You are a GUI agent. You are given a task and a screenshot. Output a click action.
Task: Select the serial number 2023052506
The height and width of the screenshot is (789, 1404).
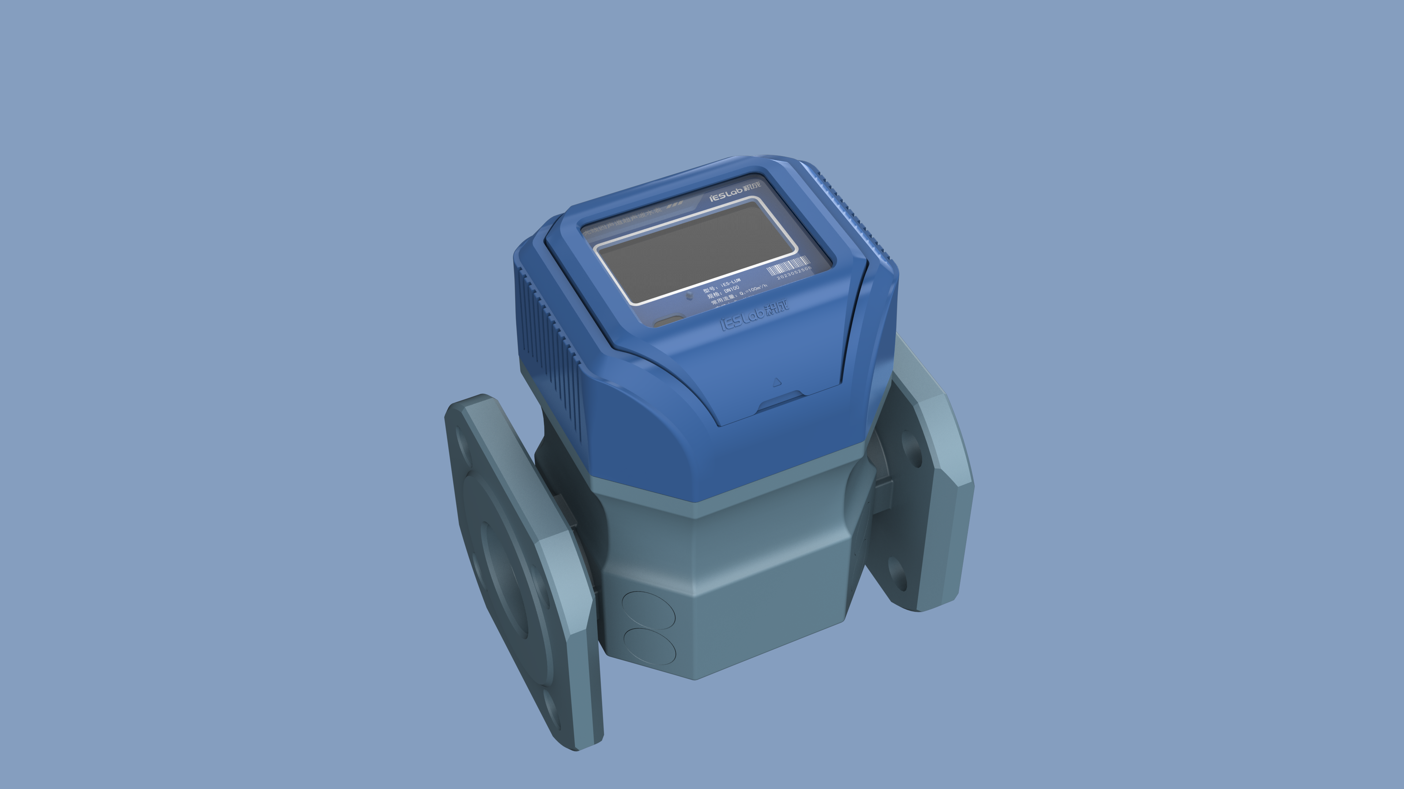click(x=794, y=273)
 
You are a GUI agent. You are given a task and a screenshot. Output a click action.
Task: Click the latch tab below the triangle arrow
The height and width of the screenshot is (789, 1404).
click(x=781, y=401)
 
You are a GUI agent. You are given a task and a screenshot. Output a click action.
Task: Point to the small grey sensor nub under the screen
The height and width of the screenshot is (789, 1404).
click(x=690, y=295)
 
